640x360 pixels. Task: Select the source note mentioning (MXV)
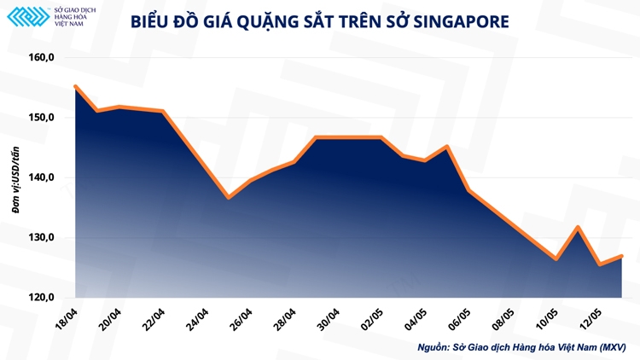[521, 347]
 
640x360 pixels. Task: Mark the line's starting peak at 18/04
[76, 86]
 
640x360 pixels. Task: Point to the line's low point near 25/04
[228, 198]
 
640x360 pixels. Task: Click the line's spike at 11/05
[579, 227]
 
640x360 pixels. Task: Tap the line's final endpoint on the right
[622, 256]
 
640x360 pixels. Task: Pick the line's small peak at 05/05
[447, 146]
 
